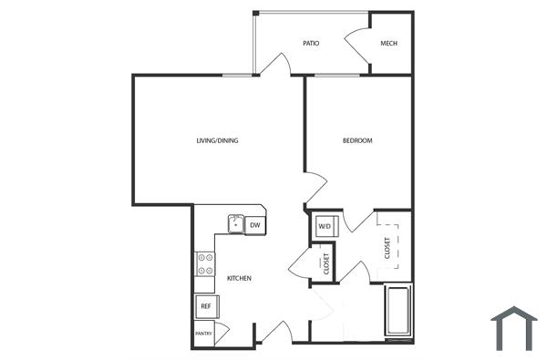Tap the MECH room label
(389, 44)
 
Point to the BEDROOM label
(357, 140)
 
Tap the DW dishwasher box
(255, 224)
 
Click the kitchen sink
(235, 223)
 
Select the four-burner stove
(204, 264)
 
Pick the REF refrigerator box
(205, 306)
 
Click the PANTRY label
(203, 334)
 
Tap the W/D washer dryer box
(325, 226)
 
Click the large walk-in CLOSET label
(387, 246)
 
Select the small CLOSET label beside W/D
(325, 263)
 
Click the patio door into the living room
(276, 64)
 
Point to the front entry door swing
(273, 333)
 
